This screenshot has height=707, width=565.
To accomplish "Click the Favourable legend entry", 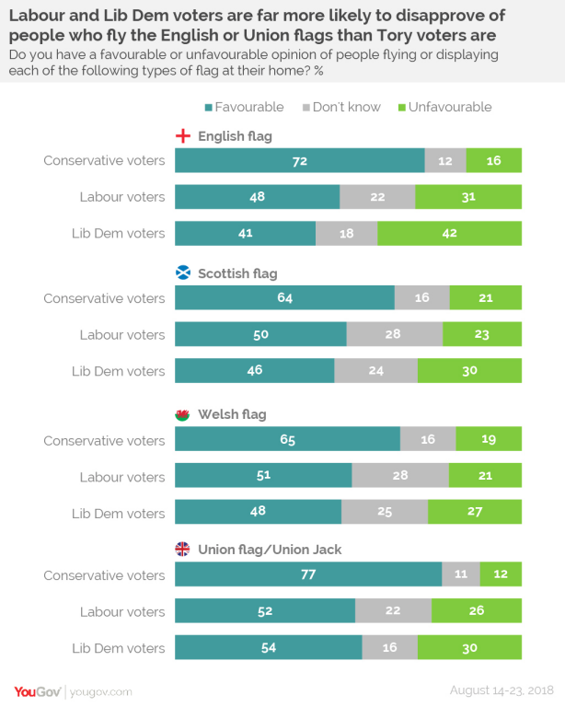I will coord(243,107).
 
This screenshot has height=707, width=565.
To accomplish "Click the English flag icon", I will coord(182,137).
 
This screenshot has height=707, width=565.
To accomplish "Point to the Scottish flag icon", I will coord(182,273).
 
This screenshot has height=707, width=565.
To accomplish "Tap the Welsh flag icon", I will coord(182,414).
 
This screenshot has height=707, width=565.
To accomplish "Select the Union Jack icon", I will coord(182,550).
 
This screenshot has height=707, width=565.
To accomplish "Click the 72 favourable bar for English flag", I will coord(299,160).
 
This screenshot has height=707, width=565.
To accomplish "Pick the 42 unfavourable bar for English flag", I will coord(449,233).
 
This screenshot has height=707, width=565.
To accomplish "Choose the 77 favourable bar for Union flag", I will coord(308,575).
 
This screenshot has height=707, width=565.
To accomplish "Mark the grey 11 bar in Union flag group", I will coord(460,575).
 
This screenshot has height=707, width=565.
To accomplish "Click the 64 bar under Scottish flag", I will coord(284,298).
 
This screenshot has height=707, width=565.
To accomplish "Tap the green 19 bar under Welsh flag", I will coord(489,440).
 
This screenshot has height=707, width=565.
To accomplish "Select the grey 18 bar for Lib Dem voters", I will coord(346,233).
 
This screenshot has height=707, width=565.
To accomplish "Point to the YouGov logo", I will coord(37,690).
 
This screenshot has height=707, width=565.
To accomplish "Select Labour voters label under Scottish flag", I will coord(122,334).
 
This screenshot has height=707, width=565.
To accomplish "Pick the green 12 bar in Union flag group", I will coord(500,575).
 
